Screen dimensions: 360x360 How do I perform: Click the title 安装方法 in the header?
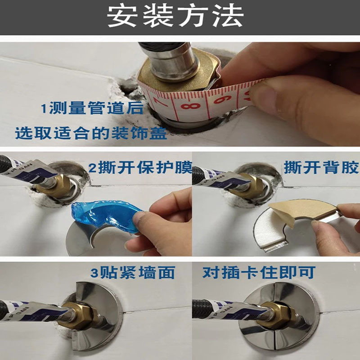tap(175, 16)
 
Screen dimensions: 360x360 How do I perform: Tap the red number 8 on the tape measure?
tap(190, 106)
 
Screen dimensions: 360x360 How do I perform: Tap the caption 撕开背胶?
tap(321, 167)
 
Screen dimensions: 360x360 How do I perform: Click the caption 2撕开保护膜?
tap(140, 168)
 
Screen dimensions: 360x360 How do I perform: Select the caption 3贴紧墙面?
tap(133, 273)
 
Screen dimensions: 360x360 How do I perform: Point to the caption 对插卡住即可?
tap(259, 272)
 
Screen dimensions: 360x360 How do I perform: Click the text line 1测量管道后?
tap(92, 108)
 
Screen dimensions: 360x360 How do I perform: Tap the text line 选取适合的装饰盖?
tap(91, 133)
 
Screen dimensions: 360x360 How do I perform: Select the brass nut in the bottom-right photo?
tap(279, 314)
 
